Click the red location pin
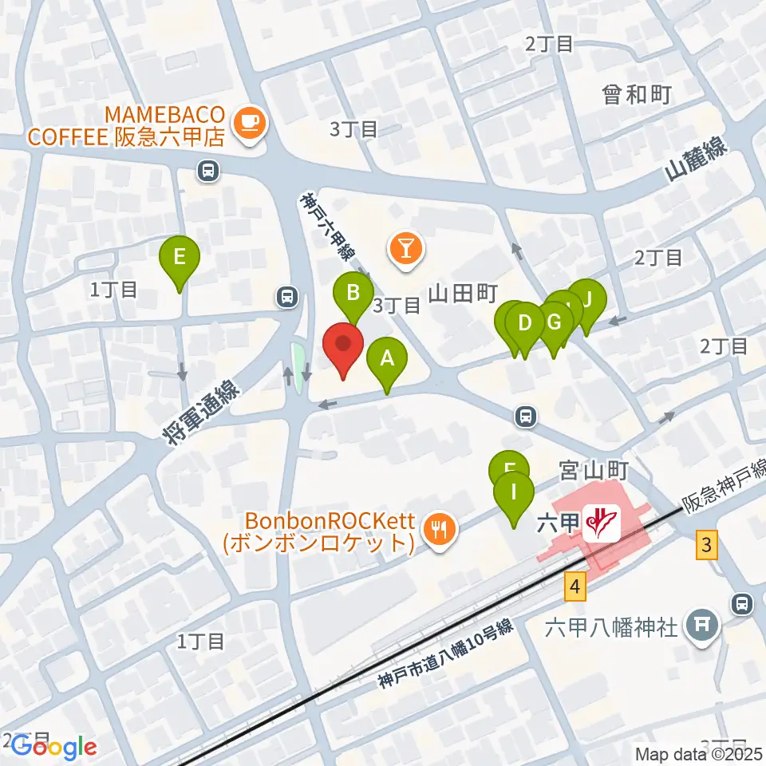click(344, 348)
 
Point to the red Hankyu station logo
click(602, 523)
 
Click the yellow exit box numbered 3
click(705, 546)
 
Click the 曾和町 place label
click(636, 95)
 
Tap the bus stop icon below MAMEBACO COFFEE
click(207, 169)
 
